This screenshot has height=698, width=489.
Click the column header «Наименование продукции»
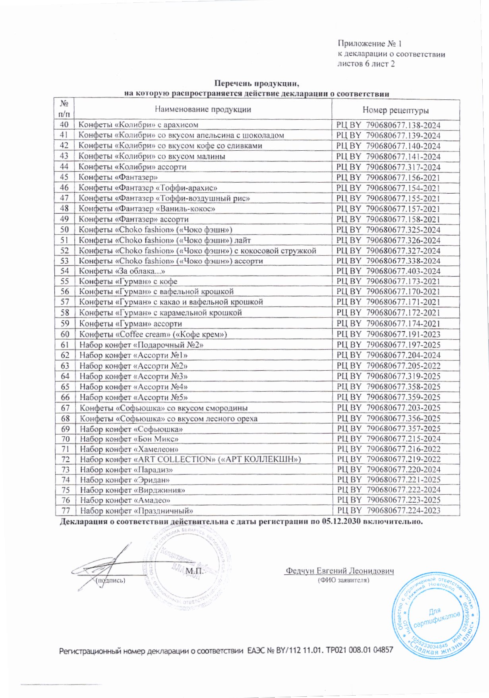click(x=203, y=109)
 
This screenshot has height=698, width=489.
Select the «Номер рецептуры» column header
click(x=395, y=110)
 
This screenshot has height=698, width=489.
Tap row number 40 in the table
click(x=64, y=124)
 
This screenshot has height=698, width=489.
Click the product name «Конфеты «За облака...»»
click(x=122, y=271)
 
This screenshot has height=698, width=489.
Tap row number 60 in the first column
click(x=65, y=334)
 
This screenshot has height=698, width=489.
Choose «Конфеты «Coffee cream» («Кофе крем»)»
click(x=153, y=334)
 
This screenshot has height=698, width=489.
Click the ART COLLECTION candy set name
click(x=190, y=459)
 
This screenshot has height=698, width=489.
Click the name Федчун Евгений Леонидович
click(x=339, y=571)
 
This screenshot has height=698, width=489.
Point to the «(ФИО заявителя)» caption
click(x=344, y=580)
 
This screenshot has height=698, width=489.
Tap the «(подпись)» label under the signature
click(x=110, y=580)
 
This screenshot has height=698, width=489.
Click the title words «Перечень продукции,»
click(x=256, y=84)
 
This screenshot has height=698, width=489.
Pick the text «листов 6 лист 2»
click(x=366, y=64)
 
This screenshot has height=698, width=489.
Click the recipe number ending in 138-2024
click(x=388, y=125)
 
